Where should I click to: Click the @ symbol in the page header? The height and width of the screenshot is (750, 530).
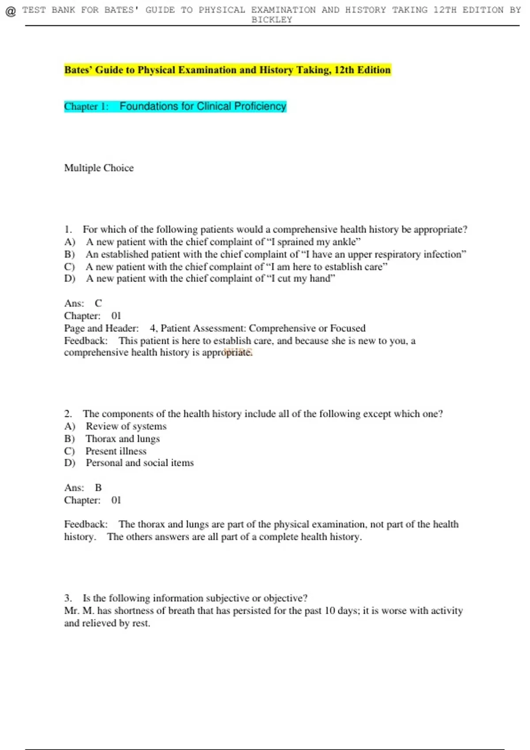click(11, 11)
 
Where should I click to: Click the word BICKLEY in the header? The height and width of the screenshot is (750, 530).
click(272, 20)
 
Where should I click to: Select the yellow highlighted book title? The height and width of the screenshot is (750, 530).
click(227, 70)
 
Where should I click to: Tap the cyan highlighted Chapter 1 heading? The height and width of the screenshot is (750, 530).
click(175, 106)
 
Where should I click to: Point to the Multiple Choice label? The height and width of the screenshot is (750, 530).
click(99, 168)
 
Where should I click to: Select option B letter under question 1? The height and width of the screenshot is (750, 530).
click(69, 254)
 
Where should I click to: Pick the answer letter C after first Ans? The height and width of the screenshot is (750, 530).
click(98, 303)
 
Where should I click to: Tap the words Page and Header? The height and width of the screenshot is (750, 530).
click(101, 328)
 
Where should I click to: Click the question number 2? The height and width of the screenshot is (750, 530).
click(68, 413)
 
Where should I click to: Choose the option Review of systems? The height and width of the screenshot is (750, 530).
click(126, 426)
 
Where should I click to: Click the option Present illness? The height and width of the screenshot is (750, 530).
click(116, 450)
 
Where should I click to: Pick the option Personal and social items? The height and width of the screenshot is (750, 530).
click(140, 462)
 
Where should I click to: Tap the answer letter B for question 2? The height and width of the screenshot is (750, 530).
click(98, 487)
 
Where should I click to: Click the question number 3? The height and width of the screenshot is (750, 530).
click(68, 598)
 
